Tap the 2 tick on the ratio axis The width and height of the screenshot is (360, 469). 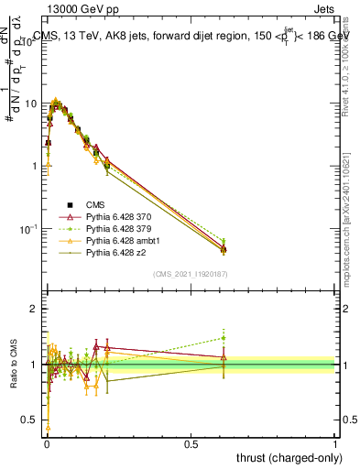point(35,309)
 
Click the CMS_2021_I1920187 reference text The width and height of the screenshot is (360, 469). point(191,273)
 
